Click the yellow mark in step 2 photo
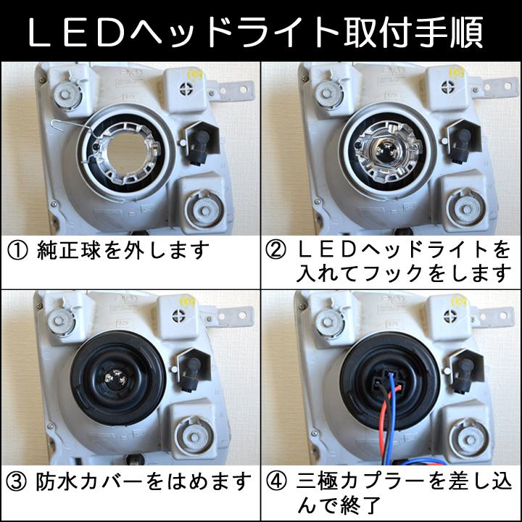click(x=456, y=74)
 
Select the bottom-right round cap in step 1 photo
click(x=201, y=210)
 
